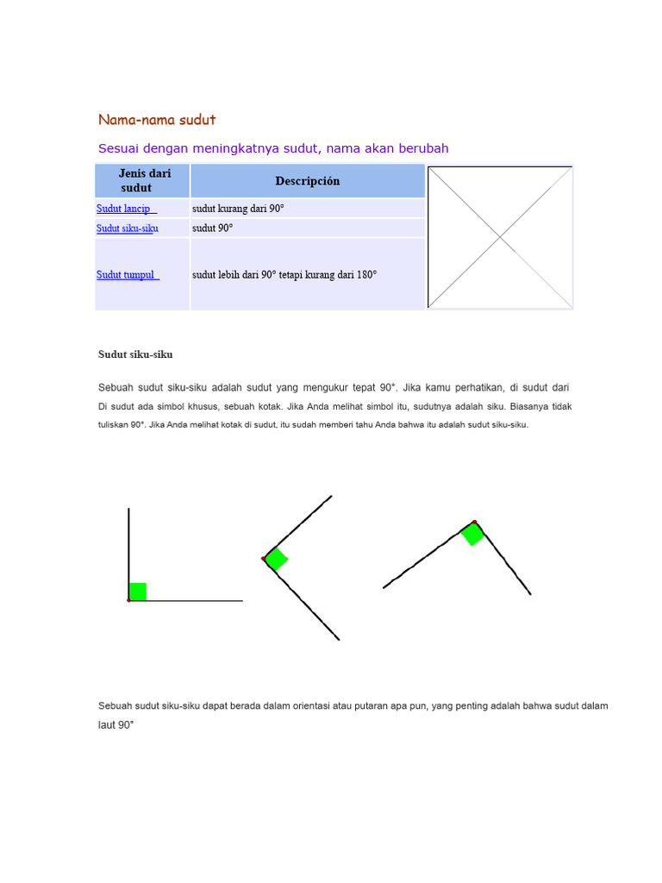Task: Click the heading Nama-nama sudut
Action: click(x=157, y=119)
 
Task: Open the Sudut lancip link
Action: click(x=126, y=209)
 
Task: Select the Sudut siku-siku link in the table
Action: click(x=127, y=229)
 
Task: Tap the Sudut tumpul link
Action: click(x=128, y=275)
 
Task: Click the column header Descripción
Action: click(x=308, y=181)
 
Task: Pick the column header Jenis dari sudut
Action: click(x=143, y=180)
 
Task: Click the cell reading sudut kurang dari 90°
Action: click(x=238, y=209)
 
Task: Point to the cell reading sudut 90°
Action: click(x=212, y=229)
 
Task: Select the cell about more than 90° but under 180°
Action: click(x=284, y=275)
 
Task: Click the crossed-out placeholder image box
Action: click(x=500, y=237)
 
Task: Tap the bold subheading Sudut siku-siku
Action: click(x=135, y=354)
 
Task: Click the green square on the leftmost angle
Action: click(x=137, y=592)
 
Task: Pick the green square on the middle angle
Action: click(x=276, y=559)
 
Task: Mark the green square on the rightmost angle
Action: click(x=472, y=534)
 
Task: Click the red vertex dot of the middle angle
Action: click(x=264, y=560)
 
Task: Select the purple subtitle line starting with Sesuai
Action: click(x=273, y=148)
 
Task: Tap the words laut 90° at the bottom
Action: click(x=116, y=725)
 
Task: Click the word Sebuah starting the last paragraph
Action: click(x=116, y=705)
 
